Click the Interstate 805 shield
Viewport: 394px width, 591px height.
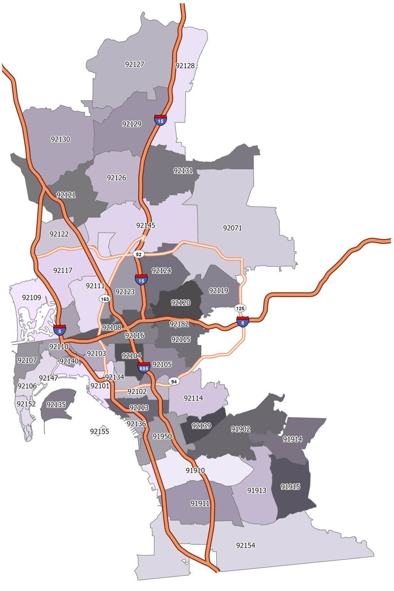pyautogui.click(x=144, y=367)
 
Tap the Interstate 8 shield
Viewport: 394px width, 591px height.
pyautogui.click(x=242, y=322)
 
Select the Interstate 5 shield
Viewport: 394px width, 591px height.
pyautogui.click(x=60, y=330)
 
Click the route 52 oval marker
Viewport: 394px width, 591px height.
pyautogui.click(x=139, y=254)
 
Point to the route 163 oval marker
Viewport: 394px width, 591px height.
pyautogui.click(x=105, y=299)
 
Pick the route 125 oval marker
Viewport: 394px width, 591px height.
pyautogui.click(x=240, y=308)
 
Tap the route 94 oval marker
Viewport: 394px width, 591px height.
pyautogui.click(x=174, y=381)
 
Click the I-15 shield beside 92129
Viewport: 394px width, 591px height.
pyautogui.click(x=160, y=120)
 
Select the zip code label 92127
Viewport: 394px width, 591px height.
pyautogui.click(x=135, y=64)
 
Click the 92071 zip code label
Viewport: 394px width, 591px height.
pyautogui.click(x=232, y=228)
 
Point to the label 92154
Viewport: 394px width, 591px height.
pyautogui.click(x=245, y=545)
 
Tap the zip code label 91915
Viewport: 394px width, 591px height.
pyautogui.click(x=290, y=486)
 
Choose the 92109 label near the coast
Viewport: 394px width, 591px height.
pyautogui.click(x=32, y=297)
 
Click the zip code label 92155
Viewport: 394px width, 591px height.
pyautogui.click(x=100, y=431)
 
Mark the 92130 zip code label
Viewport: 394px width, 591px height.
pyautogui.click(x=60, y=139)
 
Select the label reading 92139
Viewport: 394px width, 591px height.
pyautogui.click(x=201, y=426)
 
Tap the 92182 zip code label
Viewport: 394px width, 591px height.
pyautogui.click(x=179, y=324)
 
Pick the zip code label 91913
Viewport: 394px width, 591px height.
pyautogui.click(x=257, y=490)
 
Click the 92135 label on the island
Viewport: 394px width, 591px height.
pyautogui.click(x=56, y=404)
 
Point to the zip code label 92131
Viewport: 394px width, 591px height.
pyautogui.click(x=183, y=170)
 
